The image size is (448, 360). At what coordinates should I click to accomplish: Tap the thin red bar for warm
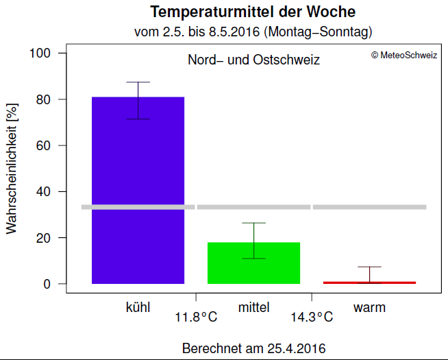pyautogui.click(x=369, y=282)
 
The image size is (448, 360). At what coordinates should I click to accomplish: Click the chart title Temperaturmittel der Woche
pyautogui.click(x=253, y=12)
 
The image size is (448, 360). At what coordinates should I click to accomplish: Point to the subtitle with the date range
pyautogui.click(x=253, y=32)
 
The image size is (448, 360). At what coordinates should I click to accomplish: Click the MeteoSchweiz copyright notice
pyautogui.click(x=404, y=56)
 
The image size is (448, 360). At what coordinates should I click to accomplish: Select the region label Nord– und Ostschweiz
pyautogui.click(x=253, y=60)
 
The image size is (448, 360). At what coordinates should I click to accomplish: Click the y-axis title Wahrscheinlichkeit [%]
pyautogui.click(x=12, y=169)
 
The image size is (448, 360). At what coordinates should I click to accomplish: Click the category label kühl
pyautogui.click(x=138, y=307)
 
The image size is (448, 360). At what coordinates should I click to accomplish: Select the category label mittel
pyautogui.click(x=253, y=307)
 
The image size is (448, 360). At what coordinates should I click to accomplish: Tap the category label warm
pyautogui.click(x=369, y=307)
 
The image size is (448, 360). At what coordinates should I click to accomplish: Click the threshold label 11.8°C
pyautogui.click(x=196, y=317)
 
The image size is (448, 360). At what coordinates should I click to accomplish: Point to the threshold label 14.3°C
pyautogui.click(x=312, y=317)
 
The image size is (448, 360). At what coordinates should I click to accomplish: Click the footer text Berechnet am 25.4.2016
pyautogui.click(x=253, y=348)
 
